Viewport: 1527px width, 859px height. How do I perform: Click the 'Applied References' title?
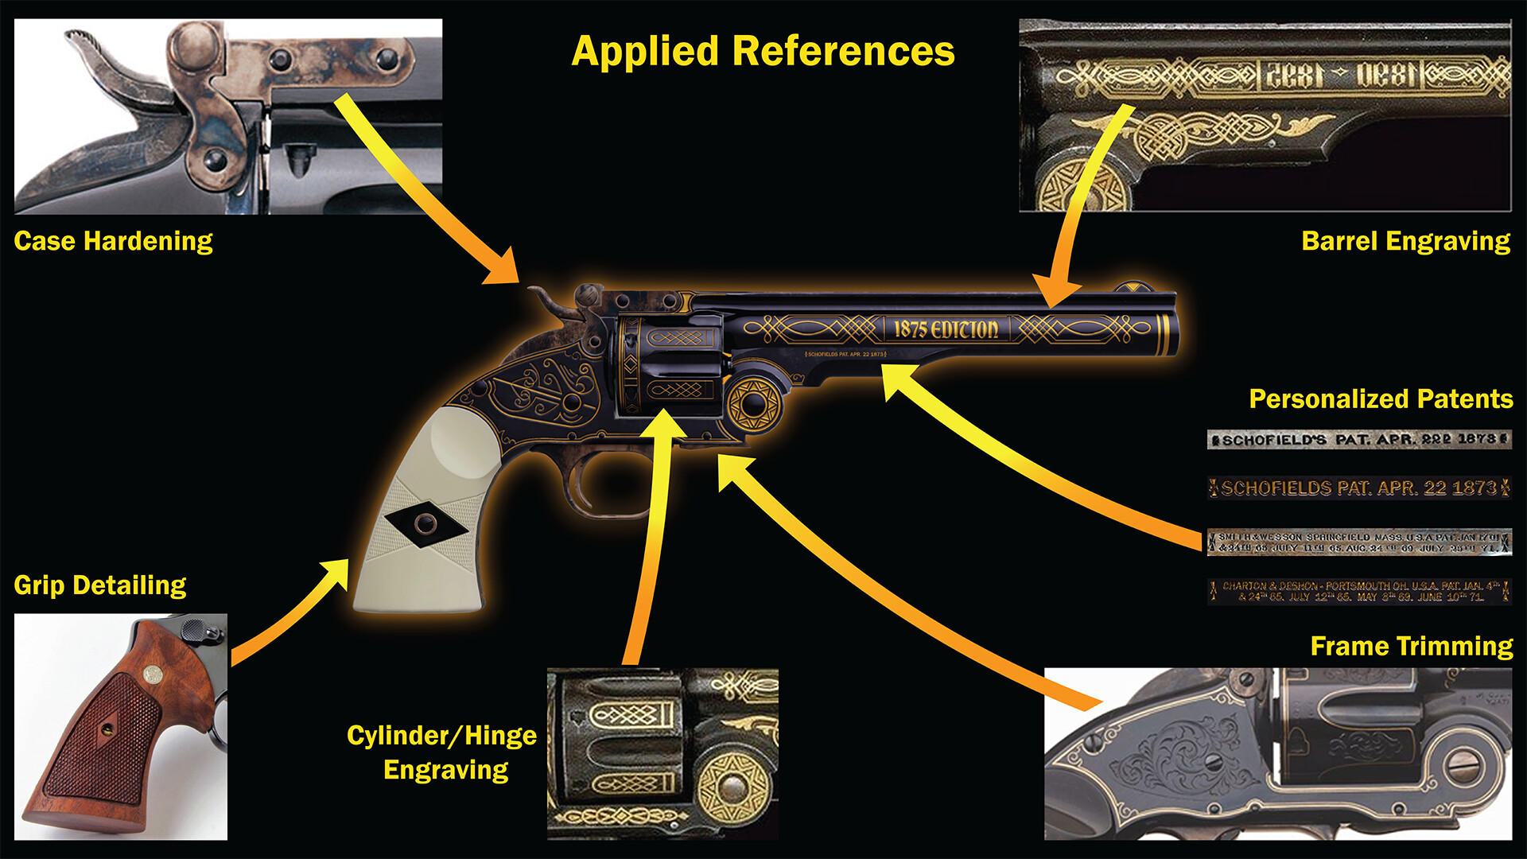[x=763, y=52]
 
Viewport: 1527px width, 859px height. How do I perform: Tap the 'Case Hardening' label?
[x=113, y=241]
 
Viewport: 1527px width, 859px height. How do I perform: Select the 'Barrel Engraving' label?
[x=1405, y=241]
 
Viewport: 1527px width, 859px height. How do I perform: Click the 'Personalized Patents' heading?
[x=1381, y=398]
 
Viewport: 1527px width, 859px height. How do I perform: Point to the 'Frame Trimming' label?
[x=1411, y=646]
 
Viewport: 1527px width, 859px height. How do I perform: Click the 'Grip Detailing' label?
[x=100, y=585]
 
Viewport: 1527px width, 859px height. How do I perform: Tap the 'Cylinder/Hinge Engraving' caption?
[x=443, y=752]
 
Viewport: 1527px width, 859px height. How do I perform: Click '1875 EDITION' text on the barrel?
[x=946, y=329]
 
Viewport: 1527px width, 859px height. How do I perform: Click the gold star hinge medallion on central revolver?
[x=752, y=404]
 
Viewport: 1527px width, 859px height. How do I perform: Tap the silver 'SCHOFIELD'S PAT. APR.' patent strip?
[x=1358, y=440]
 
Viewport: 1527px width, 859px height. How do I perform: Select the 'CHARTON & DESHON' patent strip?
[x=1358, y=591]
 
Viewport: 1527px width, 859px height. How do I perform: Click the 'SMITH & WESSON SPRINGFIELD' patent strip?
[x=1358, y=542]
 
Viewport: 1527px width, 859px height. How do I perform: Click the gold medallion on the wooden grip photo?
[x=153, y=675]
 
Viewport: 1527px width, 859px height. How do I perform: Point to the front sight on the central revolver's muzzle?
[x=1130, y=287]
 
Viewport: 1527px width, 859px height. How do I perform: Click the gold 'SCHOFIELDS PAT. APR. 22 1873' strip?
[x=1358, y=488]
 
